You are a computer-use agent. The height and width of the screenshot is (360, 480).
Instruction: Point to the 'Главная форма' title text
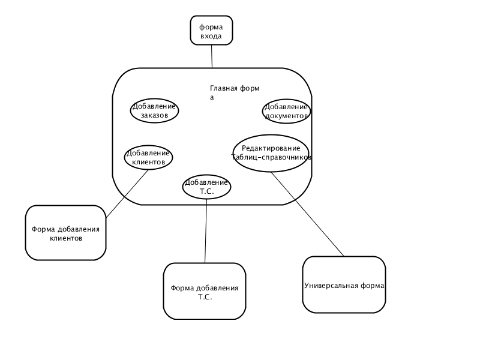[235, 93]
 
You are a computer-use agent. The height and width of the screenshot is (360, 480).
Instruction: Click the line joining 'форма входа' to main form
[212, 56]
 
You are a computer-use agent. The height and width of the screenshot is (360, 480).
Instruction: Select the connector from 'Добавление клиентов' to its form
[127, 194]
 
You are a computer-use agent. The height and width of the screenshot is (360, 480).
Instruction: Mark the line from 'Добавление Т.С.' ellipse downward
[206, 231]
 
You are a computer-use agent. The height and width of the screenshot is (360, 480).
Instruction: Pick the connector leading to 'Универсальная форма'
[307, 214]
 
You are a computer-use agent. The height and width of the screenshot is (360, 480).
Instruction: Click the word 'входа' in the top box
[211, 36]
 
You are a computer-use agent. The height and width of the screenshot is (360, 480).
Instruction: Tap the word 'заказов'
[155, 115]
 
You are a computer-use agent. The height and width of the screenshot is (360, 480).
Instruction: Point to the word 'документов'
[286, 116]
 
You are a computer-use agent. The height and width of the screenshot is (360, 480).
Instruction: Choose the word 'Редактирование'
[271, 148]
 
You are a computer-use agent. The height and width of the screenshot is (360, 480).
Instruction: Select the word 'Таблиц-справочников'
[271, 157]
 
